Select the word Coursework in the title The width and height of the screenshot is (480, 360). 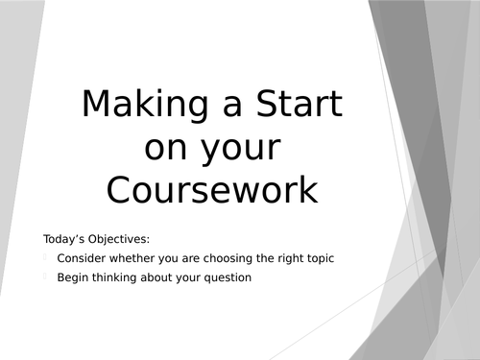[212, 188]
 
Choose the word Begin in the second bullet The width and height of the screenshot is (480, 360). [72, 279]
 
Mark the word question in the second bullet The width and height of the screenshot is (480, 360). [227, 279]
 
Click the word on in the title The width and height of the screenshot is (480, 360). [164, 148]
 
